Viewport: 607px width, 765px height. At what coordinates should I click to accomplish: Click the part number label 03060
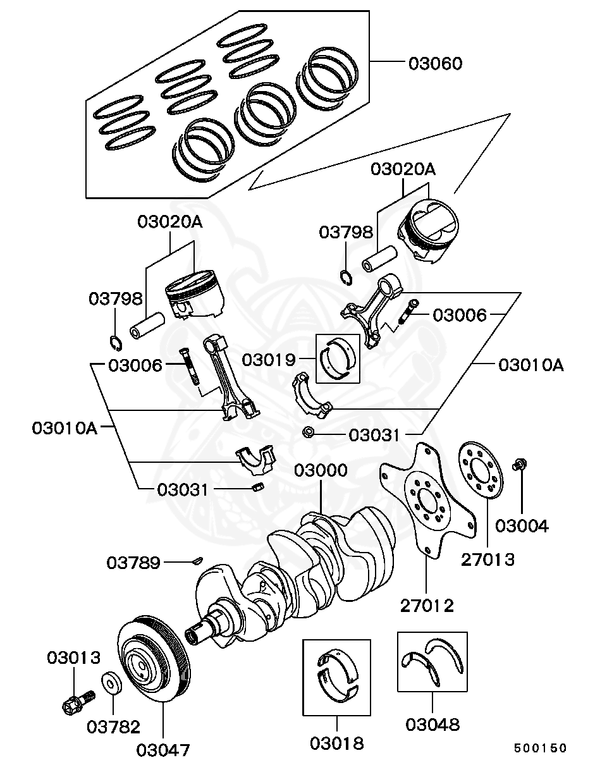point(434,64)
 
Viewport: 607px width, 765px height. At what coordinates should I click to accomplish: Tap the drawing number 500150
point(540,748)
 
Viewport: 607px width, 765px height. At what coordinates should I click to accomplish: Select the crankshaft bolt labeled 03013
point(74,701)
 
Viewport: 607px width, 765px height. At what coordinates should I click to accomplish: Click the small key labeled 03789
point(197,560)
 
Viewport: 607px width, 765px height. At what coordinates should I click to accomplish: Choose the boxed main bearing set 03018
point(336,676)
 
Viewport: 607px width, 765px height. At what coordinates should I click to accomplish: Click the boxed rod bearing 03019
point(338,358)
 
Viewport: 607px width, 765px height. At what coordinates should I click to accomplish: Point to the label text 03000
point(321,471)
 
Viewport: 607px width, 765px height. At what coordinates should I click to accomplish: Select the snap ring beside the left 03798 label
point(116,343)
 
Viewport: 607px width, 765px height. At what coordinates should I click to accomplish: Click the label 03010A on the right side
point(530,365)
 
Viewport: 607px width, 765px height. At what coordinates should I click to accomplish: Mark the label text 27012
point(426,606)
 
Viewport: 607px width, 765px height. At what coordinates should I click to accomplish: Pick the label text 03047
point(162,750)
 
